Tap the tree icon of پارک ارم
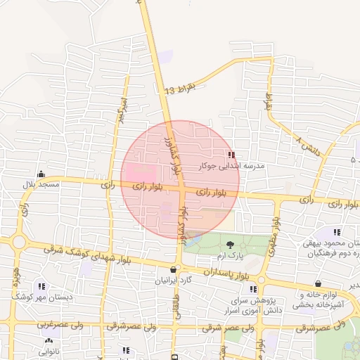231,245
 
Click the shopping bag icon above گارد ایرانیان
174,269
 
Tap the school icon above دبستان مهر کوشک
41,287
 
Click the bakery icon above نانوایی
48,340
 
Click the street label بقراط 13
178,90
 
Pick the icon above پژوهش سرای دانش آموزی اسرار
252,289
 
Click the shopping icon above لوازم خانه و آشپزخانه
318,284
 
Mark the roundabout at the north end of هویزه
19,243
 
